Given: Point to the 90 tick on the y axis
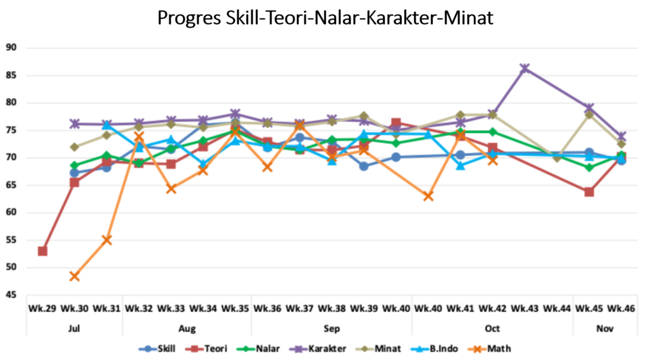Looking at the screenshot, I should click(11, 47).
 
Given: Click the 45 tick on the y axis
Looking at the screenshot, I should click(11, 295).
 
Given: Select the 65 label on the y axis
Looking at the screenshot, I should click(11, 185).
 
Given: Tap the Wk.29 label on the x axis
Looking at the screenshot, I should click(42, 309).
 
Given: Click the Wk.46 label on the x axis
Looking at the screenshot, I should click(622, 309).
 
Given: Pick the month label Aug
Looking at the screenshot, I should click(187, 328).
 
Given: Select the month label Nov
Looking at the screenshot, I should click(605, 328).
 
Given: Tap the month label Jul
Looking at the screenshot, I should click(75, 328).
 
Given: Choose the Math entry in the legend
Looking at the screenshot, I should click(492, 348).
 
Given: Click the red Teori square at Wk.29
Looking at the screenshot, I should click(42, 251).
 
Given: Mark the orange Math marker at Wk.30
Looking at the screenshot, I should click(75, 276).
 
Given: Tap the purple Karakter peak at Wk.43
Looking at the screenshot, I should click(524, 68).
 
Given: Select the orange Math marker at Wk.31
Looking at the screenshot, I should click(107, 240).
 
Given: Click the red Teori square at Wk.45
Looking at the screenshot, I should click(589, 192).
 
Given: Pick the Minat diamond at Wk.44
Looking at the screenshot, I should click(557, 158).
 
